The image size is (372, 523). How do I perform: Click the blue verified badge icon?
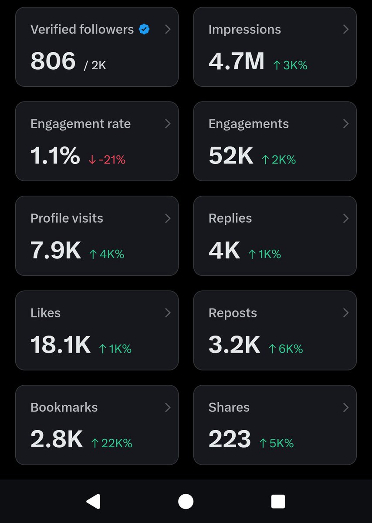click(144, 30)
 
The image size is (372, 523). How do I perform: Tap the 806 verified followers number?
click(53, 61)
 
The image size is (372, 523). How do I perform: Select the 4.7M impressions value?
click(237, 61)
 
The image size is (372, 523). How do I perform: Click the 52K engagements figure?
click(231, 156)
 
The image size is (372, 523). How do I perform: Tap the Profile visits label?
click(67, 218)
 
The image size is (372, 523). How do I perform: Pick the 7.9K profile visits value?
click(56, 250)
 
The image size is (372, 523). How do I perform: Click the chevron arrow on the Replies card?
click(346, 218)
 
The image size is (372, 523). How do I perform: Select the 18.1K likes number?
click(61, 345)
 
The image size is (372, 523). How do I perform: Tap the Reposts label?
click(233, 313)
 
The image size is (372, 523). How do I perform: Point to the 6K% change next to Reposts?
click(286, 349)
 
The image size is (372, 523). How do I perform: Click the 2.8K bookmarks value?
click(57, 439)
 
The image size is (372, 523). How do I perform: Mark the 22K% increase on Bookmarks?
click(112, 443)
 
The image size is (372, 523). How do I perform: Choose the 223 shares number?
click(230, 439)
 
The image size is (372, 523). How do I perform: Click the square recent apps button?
click(278, 502)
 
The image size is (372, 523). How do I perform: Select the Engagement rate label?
click(81, 124)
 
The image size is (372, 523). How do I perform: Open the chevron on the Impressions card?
click(346, 29)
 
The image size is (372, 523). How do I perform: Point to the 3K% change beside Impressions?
click(290, 65)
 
